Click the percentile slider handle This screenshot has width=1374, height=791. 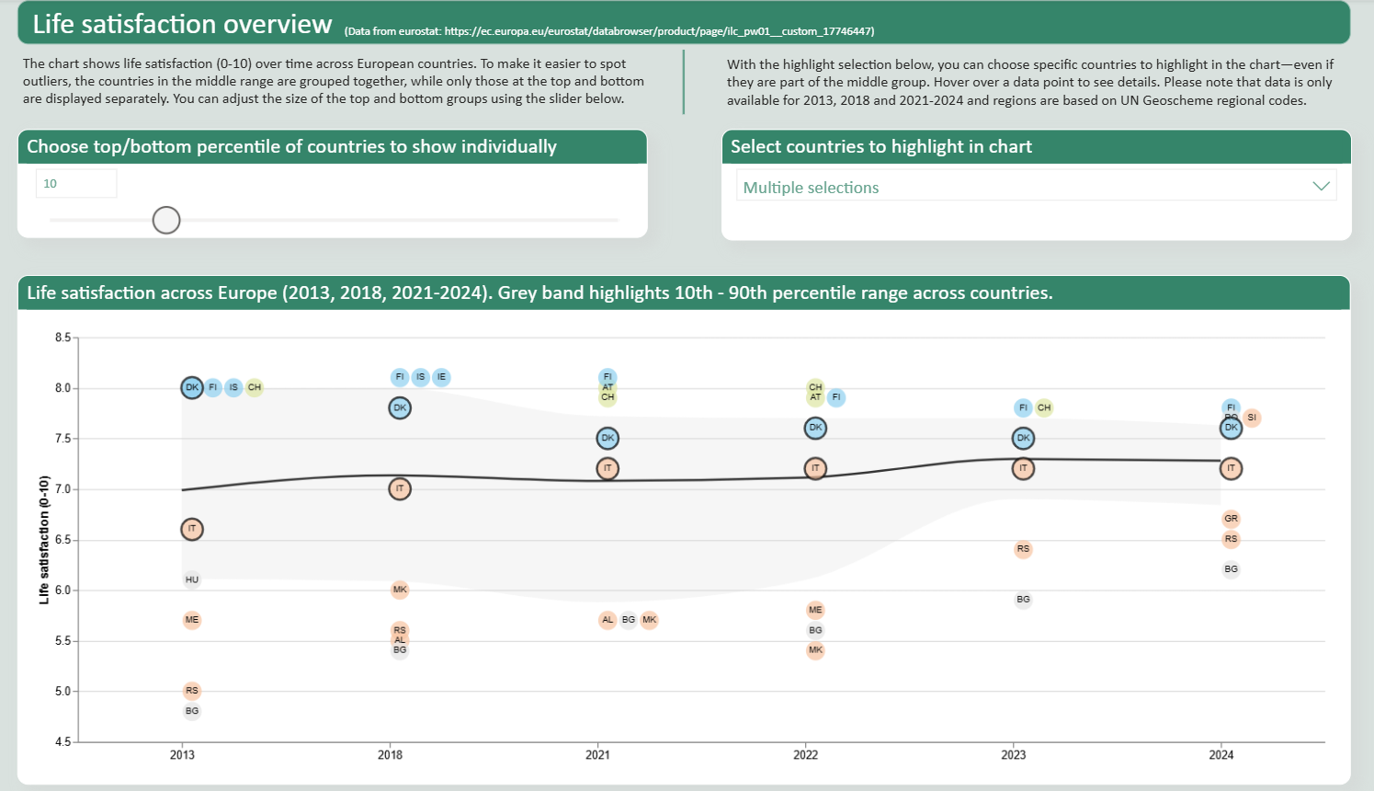[x=166, y=221]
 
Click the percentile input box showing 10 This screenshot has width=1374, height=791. [x=76, y=183]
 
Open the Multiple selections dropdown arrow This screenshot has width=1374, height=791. [x=1321, y=187]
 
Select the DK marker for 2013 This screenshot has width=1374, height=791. [x=191, y=387]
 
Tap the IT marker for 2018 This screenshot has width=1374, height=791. [x=400, y=488]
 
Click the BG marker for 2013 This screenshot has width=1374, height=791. [x=191, y=711]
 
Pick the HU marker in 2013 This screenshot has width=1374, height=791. [x=191, y=579]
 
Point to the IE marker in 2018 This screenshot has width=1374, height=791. [x=441, y=377]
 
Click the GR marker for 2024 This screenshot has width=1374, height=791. [x=1232, y=519]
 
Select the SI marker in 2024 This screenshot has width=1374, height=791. [x=1252, y=418]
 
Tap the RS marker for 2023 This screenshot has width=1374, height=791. [x=1023, y=549]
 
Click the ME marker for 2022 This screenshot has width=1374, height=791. [x=815, y=610]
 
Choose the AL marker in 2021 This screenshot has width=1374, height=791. [x=608, y=620]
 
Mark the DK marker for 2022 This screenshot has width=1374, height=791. [x=815, y=428]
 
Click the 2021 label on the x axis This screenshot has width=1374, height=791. [x=597, y=755]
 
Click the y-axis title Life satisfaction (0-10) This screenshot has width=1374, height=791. [x=44, y=540]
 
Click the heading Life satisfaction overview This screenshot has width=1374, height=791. [x=182, y=24]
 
